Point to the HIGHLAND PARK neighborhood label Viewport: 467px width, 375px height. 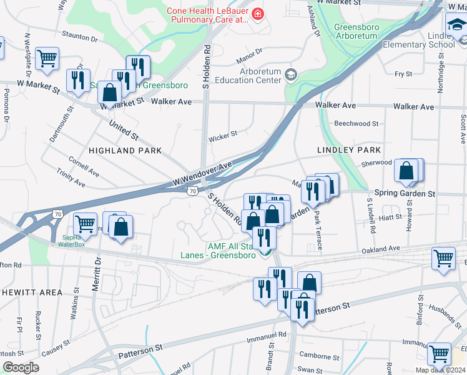(x=125, y=151)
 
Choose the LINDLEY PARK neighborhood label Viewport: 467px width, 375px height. (x=349, y=151)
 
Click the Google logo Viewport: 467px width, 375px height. (x=21, y=367)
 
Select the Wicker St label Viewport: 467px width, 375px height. (x=223, y=134)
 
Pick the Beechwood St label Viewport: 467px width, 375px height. (x=356, y=124)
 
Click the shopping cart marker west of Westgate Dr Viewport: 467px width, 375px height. (x=47, y=59)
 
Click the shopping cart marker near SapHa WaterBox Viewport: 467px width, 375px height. (x=84, y=223)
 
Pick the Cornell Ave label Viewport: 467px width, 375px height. (x=84, y=165)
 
